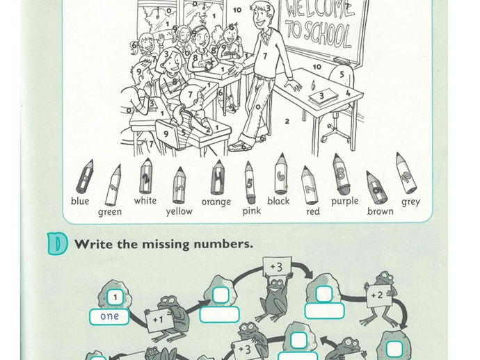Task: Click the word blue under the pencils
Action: tap(80, 201)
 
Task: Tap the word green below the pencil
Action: tap(110, 212)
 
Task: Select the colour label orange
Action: tap(216, 202)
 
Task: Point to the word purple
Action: tap(344, 202)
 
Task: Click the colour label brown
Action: tap(381, 211)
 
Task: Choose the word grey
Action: tap(411, 202)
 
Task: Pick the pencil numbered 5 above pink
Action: tap(250, 183)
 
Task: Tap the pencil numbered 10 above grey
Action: tap(406, 173)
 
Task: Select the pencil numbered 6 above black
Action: tap(280, 174)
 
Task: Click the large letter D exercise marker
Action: tap(57, 244)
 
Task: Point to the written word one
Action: tap(109, 316)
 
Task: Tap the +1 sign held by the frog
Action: tap(159, 320)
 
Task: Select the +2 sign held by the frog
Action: tap(378, 295)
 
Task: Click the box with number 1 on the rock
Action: tap(115, 297)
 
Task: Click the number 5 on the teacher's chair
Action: tap(342, 74)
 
